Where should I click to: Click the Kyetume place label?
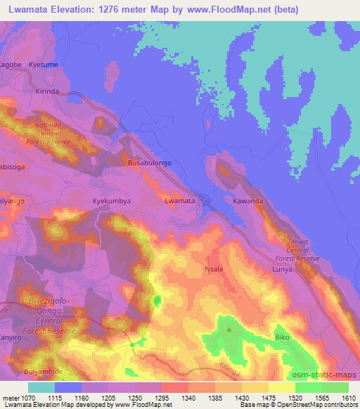pos(44,64)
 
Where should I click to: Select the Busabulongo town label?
pos(149,162)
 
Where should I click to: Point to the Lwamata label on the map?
pos(180,201)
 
